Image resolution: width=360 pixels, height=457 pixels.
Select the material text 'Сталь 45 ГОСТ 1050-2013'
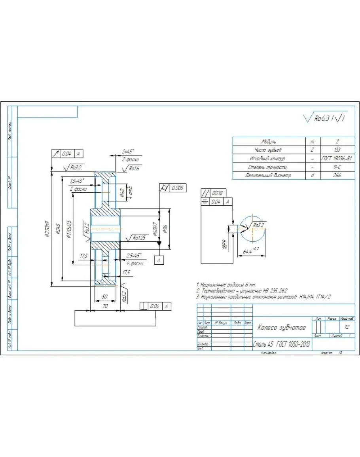click(x=281, y=345)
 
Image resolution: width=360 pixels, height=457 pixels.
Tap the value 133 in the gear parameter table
click(x=337, y=150)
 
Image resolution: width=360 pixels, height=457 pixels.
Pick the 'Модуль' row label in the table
click(x=269, y=141)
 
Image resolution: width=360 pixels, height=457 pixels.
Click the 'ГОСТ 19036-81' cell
click(x=337, y=158)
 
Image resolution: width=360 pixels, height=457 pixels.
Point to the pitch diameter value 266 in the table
click(x=337, y=175)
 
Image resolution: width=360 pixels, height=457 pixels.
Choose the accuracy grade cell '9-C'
click(x=337, y=167)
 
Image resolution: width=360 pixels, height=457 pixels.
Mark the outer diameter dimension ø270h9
click(x=47, y=228)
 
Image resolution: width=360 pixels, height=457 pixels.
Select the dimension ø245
click(x=58, y=228)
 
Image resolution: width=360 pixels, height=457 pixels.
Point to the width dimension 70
click(x=105, y=306)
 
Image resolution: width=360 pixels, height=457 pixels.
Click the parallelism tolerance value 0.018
click(x=218, y=193)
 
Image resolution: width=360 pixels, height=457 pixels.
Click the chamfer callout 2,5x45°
click(x=134, y=255)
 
